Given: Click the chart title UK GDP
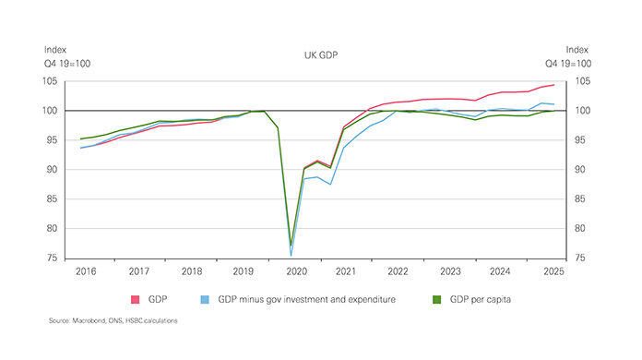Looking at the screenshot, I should tap(320, 56).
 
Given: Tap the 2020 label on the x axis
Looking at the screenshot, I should tap(295, 271).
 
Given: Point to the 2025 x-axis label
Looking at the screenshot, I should tap(554, 271).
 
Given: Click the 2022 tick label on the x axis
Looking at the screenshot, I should tap(399, 271).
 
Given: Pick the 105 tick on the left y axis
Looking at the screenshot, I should tap(50, 81).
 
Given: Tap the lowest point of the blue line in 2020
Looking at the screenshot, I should tap(291, 255).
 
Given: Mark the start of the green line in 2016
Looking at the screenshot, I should tap(81, 138).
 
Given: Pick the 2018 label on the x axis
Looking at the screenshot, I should tap(190, 271).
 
